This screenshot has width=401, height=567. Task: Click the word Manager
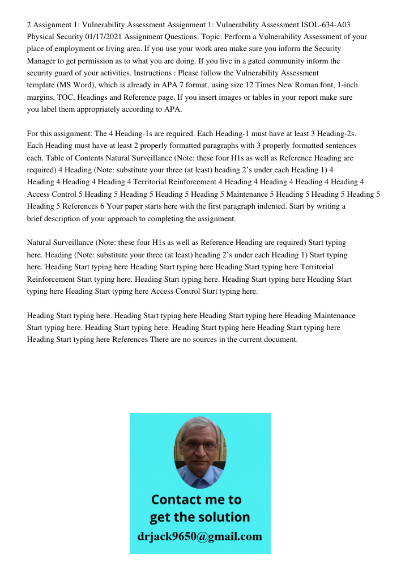tap(44, 61)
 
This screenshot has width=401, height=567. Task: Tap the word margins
tap(41, 98)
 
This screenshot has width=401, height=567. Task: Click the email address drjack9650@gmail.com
tap(200, 536)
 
